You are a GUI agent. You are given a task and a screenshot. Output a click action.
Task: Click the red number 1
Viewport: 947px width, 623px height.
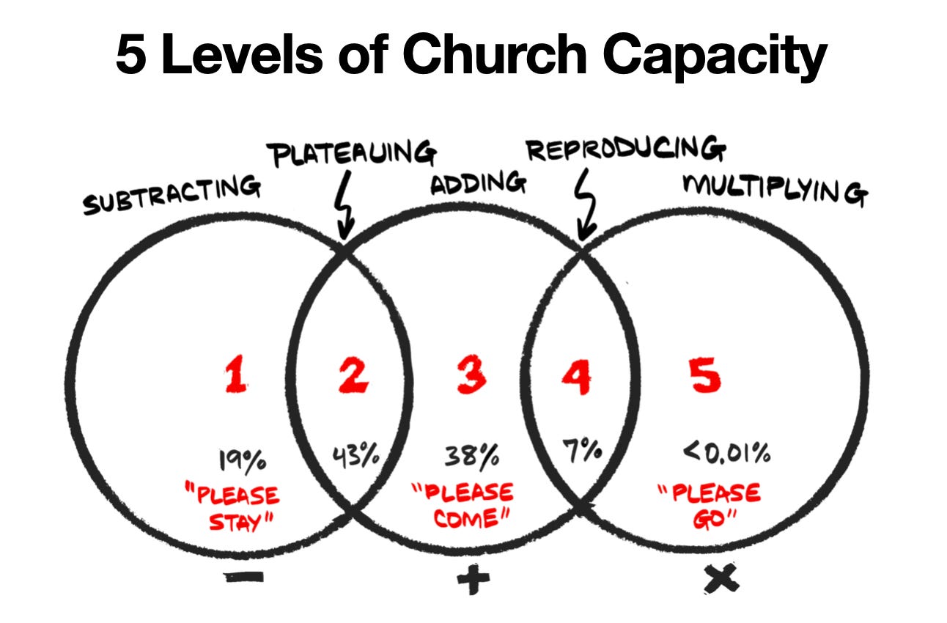[x=235, y=377]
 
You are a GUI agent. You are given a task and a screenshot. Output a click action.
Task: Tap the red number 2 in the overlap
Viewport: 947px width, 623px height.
[x=353, y=377]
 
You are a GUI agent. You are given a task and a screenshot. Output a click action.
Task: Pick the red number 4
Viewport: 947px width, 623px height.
[x=576, y=377]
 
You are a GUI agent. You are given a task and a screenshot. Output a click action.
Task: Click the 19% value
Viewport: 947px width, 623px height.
[x=242, y=462]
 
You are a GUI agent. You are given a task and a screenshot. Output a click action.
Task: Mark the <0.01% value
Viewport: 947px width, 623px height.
[x=727, y=454]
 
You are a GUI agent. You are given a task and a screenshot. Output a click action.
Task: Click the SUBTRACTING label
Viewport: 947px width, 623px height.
[x=172, y=194]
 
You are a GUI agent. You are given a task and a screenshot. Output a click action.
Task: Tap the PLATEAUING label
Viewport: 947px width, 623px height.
[x=353, y=154]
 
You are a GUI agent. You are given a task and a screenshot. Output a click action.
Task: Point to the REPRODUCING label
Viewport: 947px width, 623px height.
[x=627, y=150]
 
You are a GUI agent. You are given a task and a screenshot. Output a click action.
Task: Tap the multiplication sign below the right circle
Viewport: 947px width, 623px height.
[x=721, y=580]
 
